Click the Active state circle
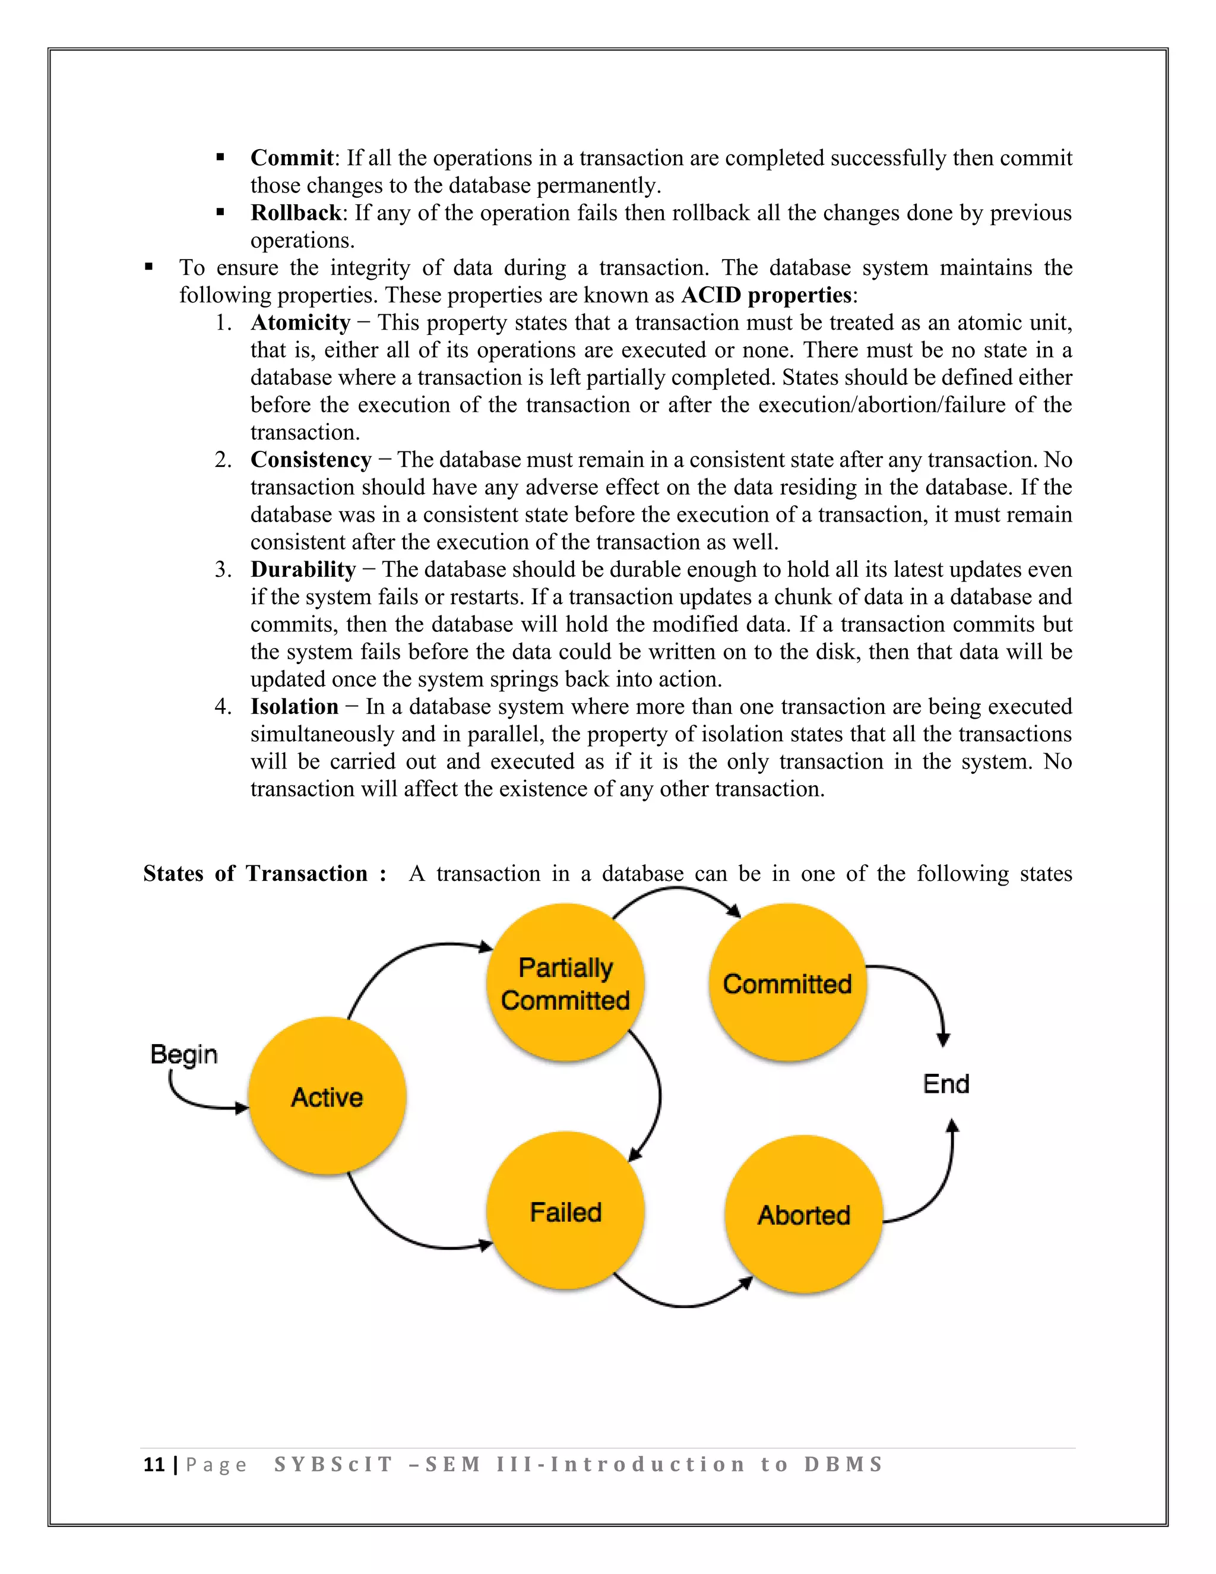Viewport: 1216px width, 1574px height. click(327, 1096)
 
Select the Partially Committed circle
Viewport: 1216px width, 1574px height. click(565, 983)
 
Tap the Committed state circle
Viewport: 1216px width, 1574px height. click(787, 983)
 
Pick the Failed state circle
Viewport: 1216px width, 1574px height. click(565, 1212)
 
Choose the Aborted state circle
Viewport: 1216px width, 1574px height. click(803, 1215)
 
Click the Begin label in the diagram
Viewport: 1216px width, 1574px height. click(183, 1054)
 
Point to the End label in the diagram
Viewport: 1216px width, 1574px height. click(946, 1084)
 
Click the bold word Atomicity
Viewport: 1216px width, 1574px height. click(300, 322)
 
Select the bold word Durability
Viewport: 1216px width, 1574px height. click(303, 570)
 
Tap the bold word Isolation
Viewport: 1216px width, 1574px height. click(294, 706)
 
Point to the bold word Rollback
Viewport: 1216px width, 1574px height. click(295, 213)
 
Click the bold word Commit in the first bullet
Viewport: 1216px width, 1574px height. click(292, 158)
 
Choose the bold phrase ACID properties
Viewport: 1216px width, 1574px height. click(767, 295)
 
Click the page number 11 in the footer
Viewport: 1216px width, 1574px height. click(154, 1465)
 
